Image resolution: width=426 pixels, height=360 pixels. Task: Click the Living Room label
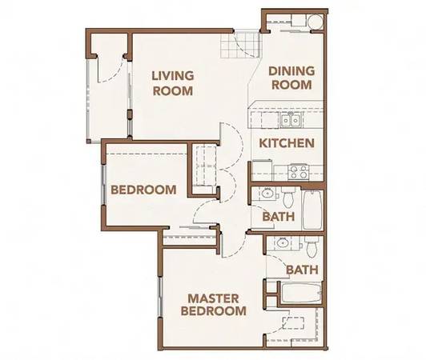coord(173,83)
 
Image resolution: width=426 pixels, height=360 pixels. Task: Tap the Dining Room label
coord(291,78)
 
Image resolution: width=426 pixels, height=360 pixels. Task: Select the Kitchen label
coord(287,143)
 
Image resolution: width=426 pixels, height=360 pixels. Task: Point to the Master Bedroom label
coord(214,305)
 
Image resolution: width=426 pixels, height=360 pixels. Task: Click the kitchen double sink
coord(291,120)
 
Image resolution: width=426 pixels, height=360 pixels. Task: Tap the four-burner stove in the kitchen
coord(298,172)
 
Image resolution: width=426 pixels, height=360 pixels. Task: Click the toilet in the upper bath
coord(287,198)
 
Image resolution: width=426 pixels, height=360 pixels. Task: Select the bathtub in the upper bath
coord(312,210)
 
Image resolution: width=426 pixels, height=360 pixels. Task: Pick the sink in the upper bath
coord(267,194)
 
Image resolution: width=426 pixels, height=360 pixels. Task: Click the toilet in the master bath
coord(311,247)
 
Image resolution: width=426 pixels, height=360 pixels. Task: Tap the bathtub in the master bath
coord(301,293)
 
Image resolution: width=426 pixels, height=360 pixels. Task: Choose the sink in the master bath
coord(281,242)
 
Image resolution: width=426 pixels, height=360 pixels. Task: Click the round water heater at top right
coord(315,22)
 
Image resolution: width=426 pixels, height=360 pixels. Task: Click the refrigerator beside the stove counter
coord(262,170)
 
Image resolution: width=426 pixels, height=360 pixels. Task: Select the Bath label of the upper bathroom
coord(279,217)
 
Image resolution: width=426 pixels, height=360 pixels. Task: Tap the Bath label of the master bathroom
coord(302,270)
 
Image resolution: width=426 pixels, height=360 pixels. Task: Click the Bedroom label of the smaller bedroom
coord(143,190)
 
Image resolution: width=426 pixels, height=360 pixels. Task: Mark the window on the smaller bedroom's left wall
coord(103,185)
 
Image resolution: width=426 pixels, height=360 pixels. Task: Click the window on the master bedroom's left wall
coord(160,297)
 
